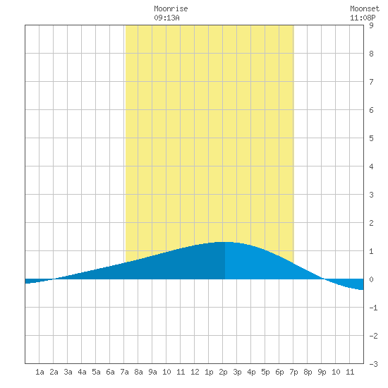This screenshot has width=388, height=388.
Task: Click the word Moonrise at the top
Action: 171,8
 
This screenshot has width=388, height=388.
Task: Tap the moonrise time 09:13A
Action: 166,18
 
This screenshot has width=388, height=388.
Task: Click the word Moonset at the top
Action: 365,8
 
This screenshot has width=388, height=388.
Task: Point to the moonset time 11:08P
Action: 363,18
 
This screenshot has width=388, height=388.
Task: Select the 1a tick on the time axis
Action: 40,372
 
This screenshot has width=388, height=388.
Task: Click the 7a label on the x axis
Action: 124,372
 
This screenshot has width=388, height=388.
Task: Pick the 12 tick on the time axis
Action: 195,372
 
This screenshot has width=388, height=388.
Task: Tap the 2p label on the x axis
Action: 223,372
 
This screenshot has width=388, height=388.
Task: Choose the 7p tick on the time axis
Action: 293,372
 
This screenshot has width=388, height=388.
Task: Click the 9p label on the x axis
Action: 322,372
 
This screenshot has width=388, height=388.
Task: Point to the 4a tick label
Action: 82,372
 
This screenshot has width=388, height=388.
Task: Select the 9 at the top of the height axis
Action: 371,25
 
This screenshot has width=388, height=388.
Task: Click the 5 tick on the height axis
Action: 371,138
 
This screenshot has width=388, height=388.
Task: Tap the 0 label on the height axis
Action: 371,279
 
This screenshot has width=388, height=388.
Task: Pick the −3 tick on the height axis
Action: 373,364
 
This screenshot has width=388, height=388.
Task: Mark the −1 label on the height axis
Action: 373,308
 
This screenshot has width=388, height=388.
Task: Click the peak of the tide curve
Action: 224,242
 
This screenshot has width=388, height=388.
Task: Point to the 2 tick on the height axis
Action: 371,223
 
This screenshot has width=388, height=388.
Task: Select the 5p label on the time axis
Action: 265,372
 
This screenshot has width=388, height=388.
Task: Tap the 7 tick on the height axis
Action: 371,82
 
